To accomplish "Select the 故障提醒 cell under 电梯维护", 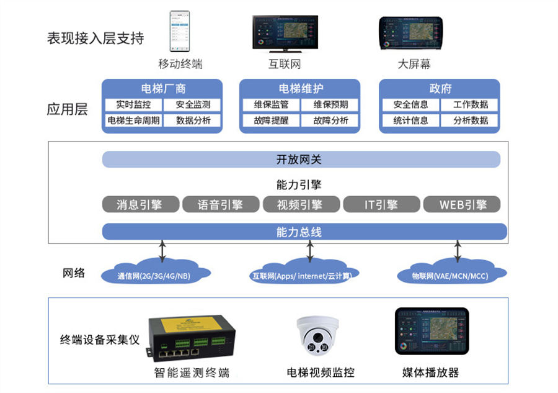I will (x=271, y=120).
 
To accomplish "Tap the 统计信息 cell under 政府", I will (x=410, y=120).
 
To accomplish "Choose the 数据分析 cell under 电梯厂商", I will (x=193, y=120).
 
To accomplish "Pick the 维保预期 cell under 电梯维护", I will (x=330, y=105).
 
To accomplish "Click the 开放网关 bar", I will (x=301, y=160).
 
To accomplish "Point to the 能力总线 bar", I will (x=301, y=232).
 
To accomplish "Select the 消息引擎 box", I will (x=140, y=204).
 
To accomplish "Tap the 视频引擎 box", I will (x=301, y=204).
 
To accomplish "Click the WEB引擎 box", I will (x=462, y=204).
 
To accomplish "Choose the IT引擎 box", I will (x=381, y=204).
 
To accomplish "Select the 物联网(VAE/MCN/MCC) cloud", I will (x=452, y=274).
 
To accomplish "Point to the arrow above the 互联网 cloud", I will (x=309, y=251).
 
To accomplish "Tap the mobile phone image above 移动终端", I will (x=180, y=30).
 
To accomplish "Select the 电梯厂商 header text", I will (x=162, y=88).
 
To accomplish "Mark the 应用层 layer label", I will (x=68, y=110).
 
